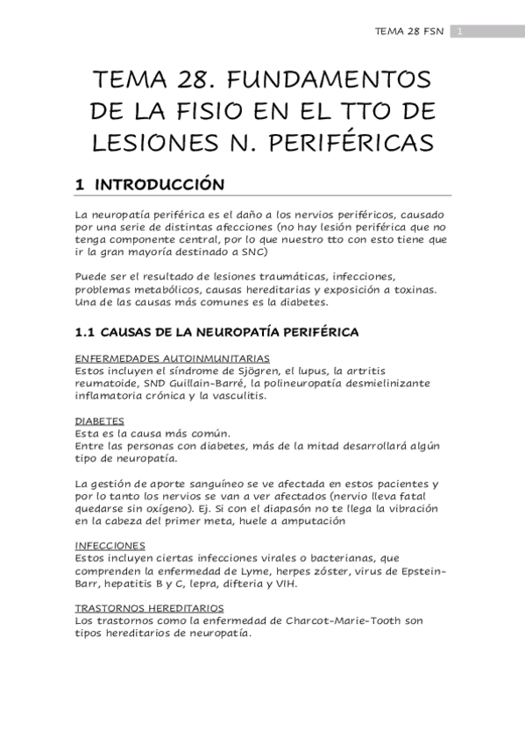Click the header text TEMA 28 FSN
[410, 32]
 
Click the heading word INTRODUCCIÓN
[166, 185]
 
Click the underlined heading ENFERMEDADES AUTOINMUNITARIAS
[172, 358]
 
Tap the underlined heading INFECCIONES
[107, 544]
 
